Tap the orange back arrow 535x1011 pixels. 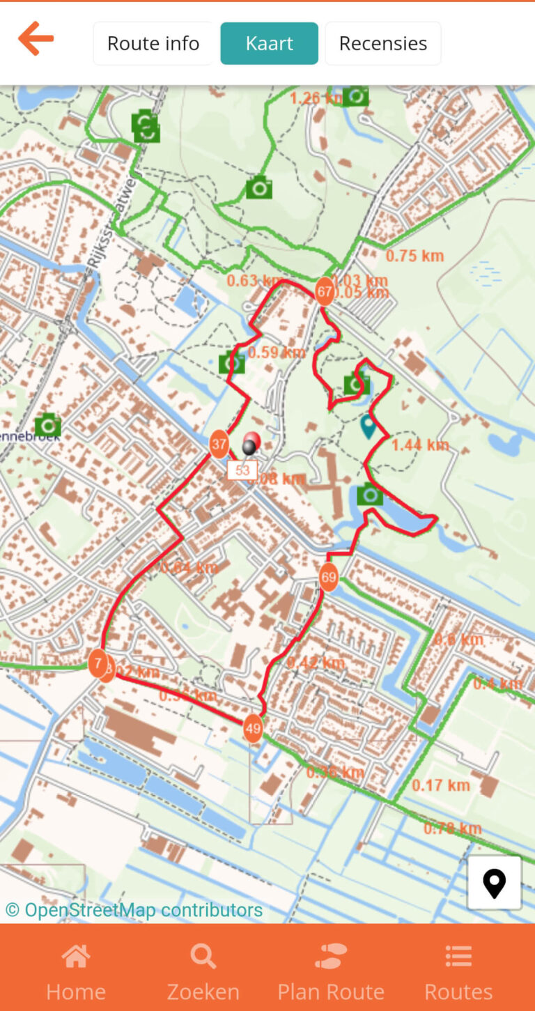click(x=36, y=39)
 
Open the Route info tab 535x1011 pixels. click(x=153, y=43)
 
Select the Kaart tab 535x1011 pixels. click(x=269, y=43)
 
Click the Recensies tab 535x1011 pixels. click(x=382, y=43)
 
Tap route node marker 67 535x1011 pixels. click(x=324, y=291)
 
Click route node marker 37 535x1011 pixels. click(x=219, y=444)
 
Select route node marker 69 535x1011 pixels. click(x=329, y=578)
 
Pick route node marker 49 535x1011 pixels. click(x=253, y=729)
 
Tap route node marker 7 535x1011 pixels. click(x=98, y=663)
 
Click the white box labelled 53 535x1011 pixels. click(x=242, y=470)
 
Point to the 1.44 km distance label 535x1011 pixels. click(x=420, y=445)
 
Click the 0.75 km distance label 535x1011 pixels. click(x=414, y=256)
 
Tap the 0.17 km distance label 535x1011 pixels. click(x=440, y=785)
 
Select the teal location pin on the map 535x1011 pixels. click(x=368, y=425)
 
